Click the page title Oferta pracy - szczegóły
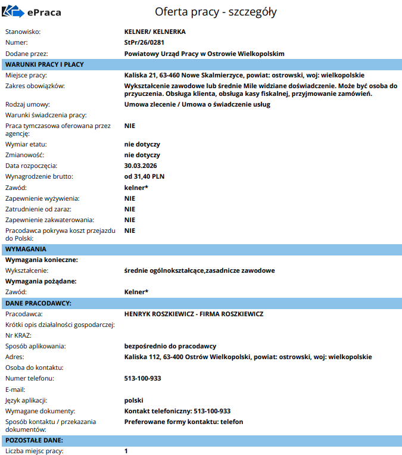215,12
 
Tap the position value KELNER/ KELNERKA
155,32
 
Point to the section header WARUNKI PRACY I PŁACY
44,64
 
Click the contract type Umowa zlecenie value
197,104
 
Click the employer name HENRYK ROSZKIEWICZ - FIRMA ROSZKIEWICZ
194,314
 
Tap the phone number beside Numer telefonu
142,378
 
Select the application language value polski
133,400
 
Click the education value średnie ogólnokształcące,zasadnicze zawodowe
200,270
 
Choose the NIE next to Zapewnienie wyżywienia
130,198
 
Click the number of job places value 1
126,451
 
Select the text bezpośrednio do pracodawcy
170,346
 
